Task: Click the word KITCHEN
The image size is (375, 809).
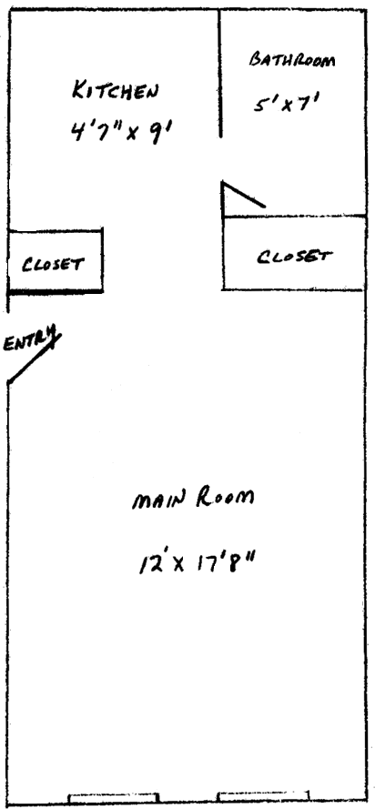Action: point(115,91)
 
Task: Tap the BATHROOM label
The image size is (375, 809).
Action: point(292,59)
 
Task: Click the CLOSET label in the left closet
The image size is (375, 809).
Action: point(52,264)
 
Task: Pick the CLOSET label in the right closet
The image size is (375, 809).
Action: point(294,256)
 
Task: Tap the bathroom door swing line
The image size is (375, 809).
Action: point(243,195)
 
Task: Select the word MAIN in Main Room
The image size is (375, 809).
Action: point(157,500)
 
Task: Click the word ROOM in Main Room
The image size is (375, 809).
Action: point(225,498)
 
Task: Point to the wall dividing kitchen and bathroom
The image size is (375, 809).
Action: point(221,74)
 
